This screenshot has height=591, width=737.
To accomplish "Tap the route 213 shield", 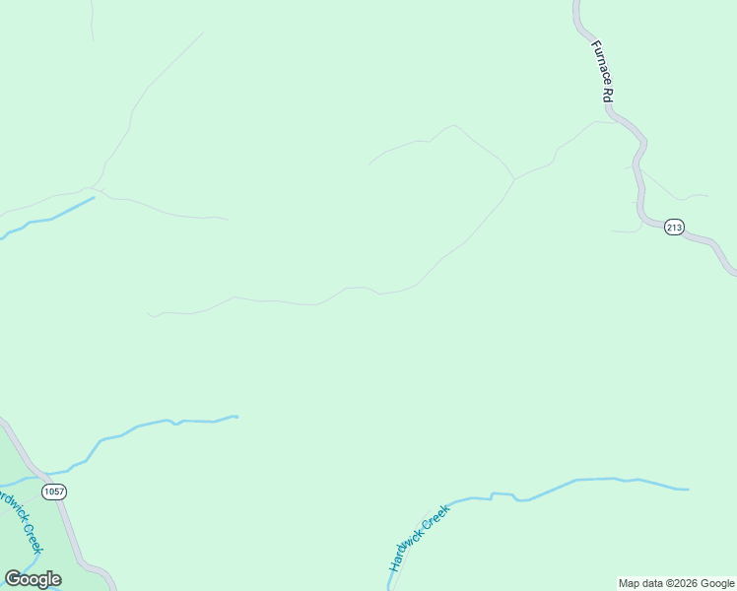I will click(x=673, y=228).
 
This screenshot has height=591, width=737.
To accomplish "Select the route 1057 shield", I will click(x=54, y=491).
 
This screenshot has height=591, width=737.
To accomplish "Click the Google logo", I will click(x=33, y=579).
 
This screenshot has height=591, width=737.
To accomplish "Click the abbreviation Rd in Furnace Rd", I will click(x=609, y=96).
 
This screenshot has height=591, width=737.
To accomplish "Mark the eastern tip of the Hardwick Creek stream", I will click(x=688, y=489).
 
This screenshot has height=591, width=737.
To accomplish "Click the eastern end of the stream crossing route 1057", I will click(x=236, y=417).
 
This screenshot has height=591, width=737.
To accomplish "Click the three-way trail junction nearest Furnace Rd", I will click(x=513, y=179).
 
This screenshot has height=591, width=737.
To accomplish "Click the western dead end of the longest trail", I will click(x=149, y=314).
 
